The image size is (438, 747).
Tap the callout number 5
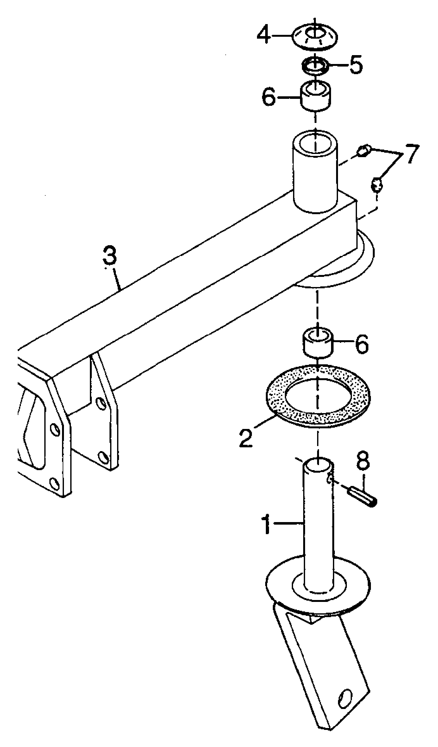pos(356,65)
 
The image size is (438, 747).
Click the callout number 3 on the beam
pos(109,256)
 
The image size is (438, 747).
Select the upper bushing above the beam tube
pos(315,95)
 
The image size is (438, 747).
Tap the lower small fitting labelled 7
pos(377,184)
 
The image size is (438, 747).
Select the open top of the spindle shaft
pos(318,464)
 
